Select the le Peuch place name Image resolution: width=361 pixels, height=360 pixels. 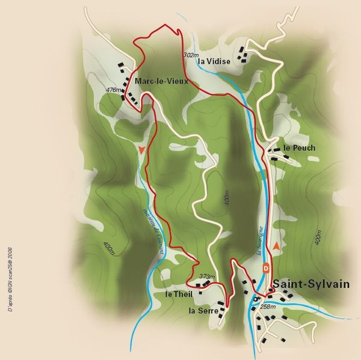click(299, 147)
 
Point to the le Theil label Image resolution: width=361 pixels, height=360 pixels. click(178, 294)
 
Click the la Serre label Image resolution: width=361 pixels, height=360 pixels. click(201, 311)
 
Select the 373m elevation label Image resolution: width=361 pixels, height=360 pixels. click(207, 276)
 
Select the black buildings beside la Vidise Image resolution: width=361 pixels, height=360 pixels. click(243, 55)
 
